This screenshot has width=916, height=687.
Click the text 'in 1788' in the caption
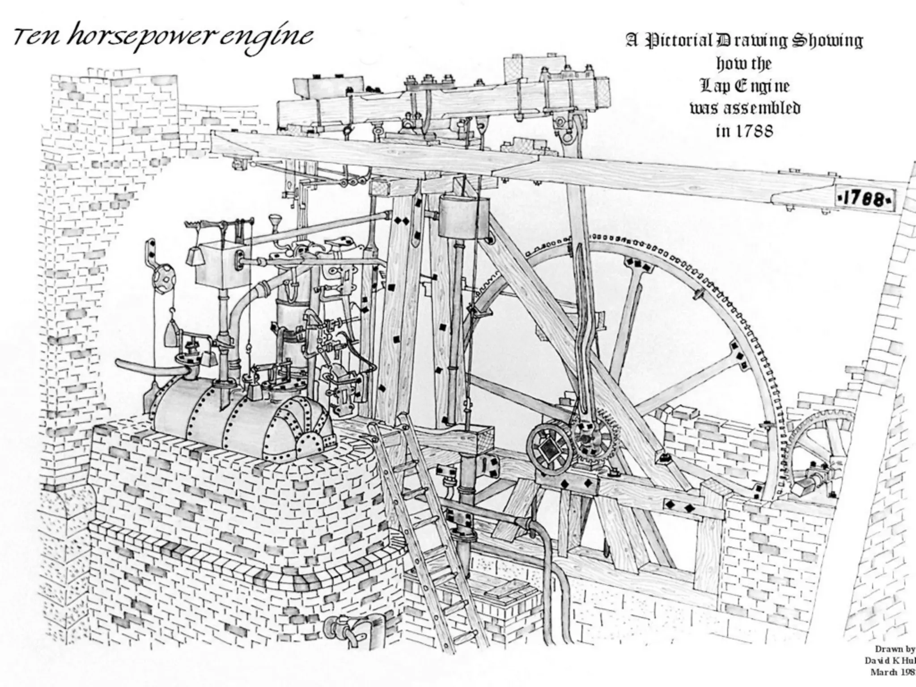[x=744, y=131]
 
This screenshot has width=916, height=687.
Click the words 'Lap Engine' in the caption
[x=745, y=86]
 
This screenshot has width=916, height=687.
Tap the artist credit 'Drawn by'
[x=895, y=649]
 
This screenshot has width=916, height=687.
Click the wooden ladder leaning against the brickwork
[x=425, y=528]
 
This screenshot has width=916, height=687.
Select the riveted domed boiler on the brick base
[x=242, y=416]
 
